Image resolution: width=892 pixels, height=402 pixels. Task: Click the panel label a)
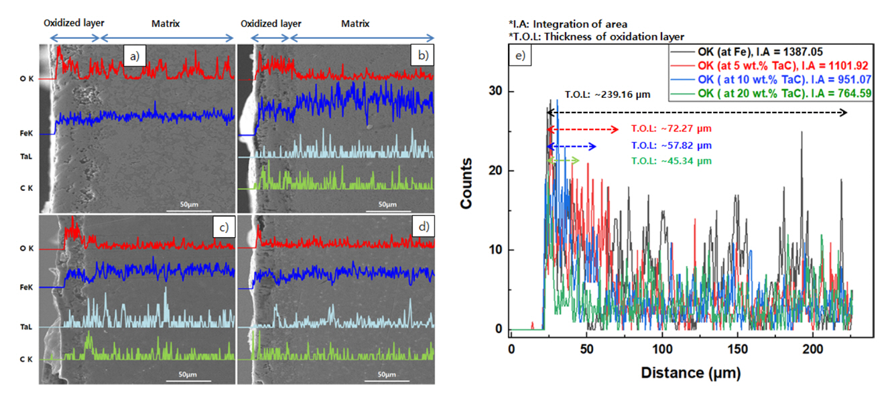click(x=135, y=56)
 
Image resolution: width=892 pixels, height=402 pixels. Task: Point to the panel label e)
click(x=521, y=56)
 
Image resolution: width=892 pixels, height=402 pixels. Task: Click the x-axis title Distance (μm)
click(x=691, y=372)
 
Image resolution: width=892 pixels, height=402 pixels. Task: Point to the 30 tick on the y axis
click(x=498, y=91)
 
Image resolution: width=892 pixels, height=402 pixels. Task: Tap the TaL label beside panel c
click(x=26, y=328)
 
